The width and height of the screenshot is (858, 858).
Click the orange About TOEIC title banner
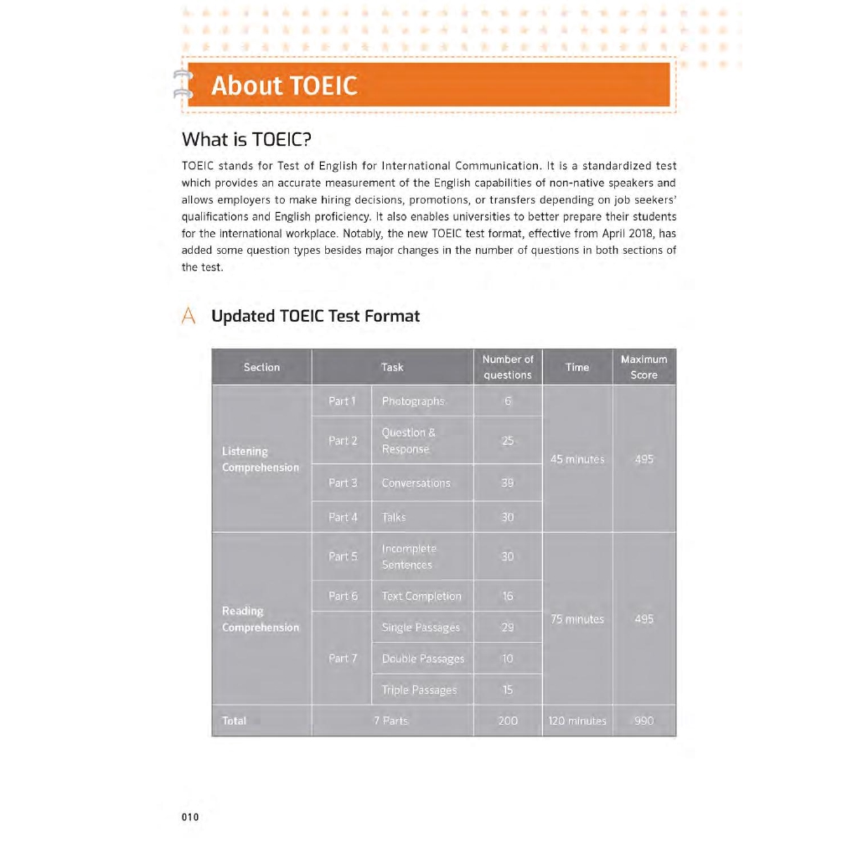point(427,85)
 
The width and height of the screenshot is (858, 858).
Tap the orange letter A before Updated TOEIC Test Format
point(189,316)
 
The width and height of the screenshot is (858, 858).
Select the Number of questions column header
point(508,367)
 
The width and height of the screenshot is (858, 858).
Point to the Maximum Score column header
point(643,367)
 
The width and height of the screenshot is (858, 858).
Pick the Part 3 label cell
point(343,483)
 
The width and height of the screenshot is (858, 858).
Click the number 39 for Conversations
point(508,483)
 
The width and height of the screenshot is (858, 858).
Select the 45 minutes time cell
point(577,459)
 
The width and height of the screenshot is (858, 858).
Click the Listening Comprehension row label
point(261,459)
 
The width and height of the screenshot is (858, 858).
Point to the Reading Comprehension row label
point(261,619)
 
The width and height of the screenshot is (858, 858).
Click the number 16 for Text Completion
point(508,596)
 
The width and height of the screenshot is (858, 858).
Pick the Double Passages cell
point(422,659)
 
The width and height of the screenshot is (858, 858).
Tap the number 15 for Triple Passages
point(508,690)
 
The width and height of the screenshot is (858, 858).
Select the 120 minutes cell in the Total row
point(577,721)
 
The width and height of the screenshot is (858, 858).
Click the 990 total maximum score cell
point(643,721)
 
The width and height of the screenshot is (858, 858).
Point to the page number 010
point(190,818)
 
